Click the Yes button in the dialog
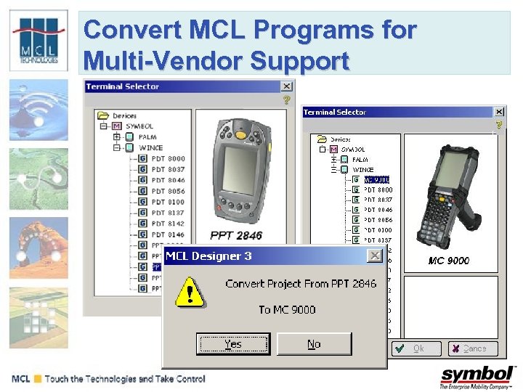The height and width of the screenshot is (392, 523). coord(233,343)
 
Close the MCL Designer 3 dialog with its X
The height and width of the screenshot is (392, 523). coord(374,256)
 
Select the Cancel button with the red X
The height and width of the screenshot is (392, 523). coord(472,348)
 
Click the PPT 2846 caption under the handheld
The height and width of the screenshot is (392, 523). coord(236,235)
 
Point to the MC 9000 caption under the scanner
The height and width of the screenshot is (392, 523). coord(448,261)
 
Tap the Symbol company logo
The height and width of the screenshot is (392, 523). coord(477,376)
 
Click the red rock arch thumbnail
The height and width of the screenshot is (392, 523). coord(38,248)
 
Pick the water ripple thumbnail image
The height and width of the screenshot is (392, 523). coord(38,109)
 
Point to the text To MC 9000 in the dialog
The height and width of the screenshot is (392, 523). coord(287,309)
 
